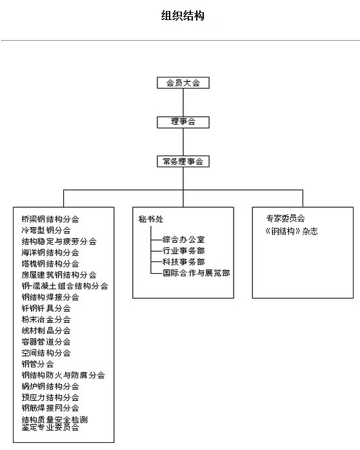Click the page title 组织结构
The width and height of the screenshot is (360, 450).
tap(183, 15)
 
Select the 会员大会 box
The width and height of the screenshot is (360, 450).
tap(183, 83)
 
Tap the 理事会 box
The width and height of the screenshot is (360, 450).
tap(183, 122)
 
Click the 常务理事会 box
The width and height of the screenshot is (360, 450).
tap(183, 161)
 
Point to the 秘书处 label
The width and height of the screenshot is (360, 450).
tap(151, 220)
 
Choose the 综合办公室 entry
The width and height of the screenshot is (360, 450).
tap(184, 240)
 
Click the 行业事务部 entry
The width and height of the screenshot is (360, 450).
tap(184, 251)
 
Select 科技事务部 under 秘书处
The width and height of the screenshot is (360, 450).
tap(184, 261)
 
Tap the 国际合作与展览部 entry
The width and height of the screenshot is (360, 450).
tap(196, 272)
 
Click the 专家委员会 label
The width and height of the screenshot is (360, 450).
tap(285, 218)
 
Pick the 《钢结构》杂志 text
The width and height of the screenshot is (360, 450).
tap(292, 231)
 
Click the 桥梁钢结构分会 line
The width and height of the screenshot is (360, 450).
tap(50, 220)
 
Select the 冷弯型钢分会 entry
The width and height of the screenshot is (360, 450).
tap(46, 230)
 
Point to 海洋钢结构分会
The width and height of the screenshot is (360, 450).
tap(50, 252)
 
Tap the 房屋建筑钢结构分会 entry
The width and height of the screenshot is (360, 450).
tap(59, 274)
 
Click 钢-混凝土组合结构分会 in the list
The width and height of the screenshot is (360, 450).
tap(65, 286)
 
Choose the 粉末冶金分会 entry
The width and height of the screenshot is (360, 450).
tap(46, 320)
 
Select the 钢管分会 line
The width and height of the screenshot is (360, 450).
tap(37, 364)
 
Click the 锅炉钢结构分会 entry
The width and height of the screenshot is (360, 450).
tap(50, 386)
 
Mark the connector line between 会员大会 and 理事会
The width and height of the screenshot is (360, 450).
tap(183, 103)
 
